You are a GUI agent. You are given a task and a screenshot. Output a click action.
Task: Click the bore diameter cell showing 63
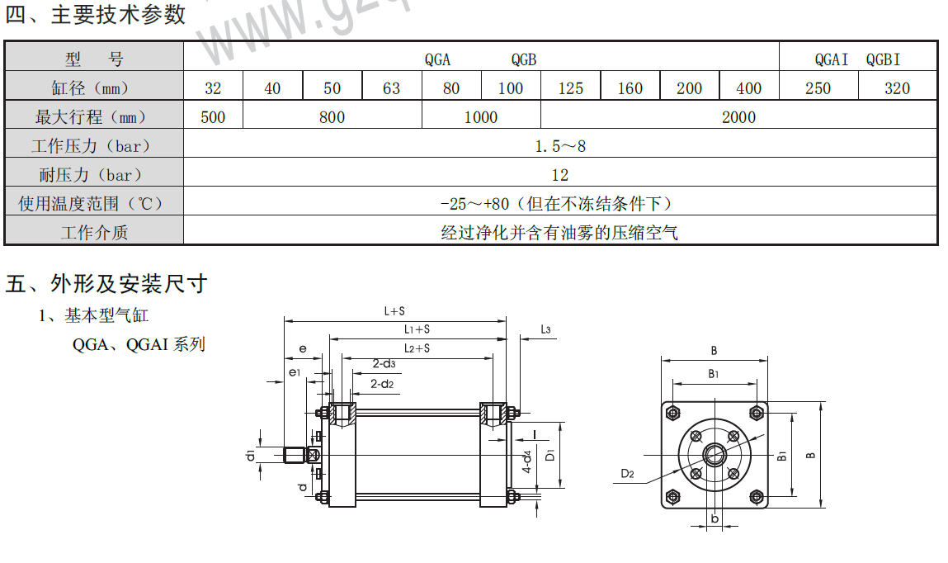[392, 88]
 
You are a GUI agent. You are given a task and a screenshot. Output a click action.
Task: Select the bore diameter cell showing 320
[897, 88]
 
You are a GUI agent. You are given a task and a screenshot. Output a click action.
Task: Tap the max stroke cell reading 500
[213, 117]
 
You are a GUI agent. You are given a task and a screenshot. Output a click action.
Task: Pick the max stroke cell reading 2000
[738, 117]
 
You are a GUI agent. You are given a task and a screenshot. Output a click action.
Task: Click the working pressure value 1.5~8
[560, 146]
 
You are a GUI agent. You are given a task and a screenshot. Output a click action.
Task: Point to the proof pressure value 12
[560, 175]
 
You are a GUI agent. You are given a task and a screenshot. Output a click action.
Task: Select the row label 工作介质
[94, 233]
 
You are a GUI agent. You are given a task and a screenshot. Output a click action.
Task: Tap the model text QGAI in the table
[831, 59]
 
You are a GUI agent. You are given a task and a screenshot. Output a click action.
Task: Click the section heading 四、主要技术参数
[96, 15]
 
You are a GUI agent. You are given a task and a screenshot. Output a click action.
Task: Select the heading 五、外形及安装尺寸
[106, 284]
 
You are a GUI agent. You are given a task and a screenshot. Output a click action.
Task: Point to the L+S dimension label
[394, 311]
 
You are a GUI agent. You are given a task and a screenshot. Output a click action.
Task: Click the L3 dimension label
[545, 329]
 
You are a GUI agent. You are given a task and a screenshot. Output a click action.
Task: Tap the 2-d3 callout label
[384, 363]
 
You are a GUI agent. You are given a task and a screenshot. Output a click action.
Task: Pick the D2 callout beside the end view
[628, 474]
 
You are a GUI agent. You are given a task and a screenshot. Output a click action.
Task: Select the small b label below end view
[715, 518]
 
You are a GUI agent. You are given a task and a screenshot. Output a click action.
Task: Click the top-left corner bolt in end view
[675, 413]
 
